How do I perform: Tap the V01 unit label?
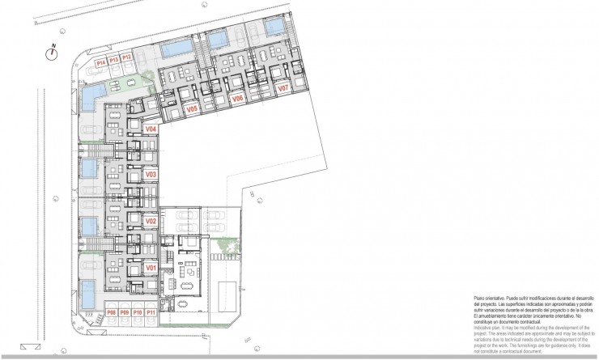point(150,267)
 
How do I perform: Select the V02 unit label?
point(150,220)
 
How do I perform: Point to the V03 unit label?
point(150,174)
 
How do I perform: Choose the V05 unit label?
point(192,108)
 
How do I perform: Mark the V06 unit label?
point(238,98)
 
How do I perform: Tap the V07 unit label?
point(283,88)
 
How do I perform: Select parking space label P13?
point(114,60)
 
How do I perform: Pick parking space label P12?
point(127,57)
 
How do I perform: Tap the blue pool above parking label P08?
point(87,298)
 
